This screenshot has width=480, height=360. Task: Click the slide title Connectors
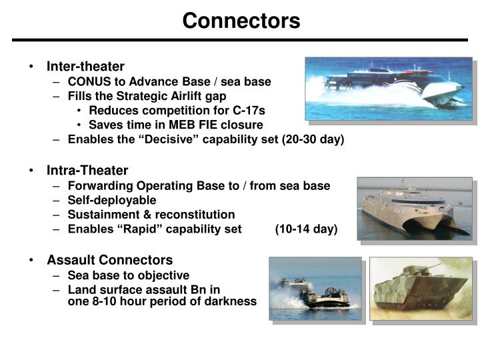click(x=241, y=21)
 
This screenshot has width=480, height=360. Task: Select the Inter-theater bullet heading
click(x=85, y=67)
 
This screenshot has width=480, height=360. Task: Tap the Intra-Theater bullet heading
click(x=87, y=171)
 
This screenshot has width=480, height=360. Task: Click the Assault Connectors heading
click(x=109, y=260)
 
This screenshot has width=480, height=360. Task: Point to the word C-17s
click(x=246, y=110)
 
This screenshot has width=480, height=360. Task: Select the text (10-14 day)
click(x=306, y=229)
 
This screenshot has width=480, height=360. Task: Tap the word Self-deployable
click(x=112, y=200)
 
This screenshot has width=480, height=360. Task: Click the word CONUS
click(x=89, y=81)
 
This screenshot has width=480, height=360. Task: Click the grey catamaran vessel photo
click(x=413, y=207)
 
